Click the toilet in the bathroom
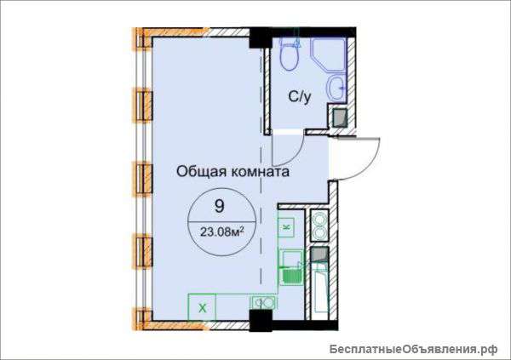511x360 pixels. (x=289, y=55)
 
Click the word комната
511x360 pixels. (x=258, y=171)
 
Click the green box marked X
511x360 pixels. (x=203, y=304)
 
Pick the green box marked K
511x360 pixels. (x=286, y=226)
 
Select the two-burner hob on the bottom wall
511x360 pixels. (x=262, y=302)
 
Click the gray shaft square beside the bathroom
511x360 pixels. (x=338, y=117)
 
